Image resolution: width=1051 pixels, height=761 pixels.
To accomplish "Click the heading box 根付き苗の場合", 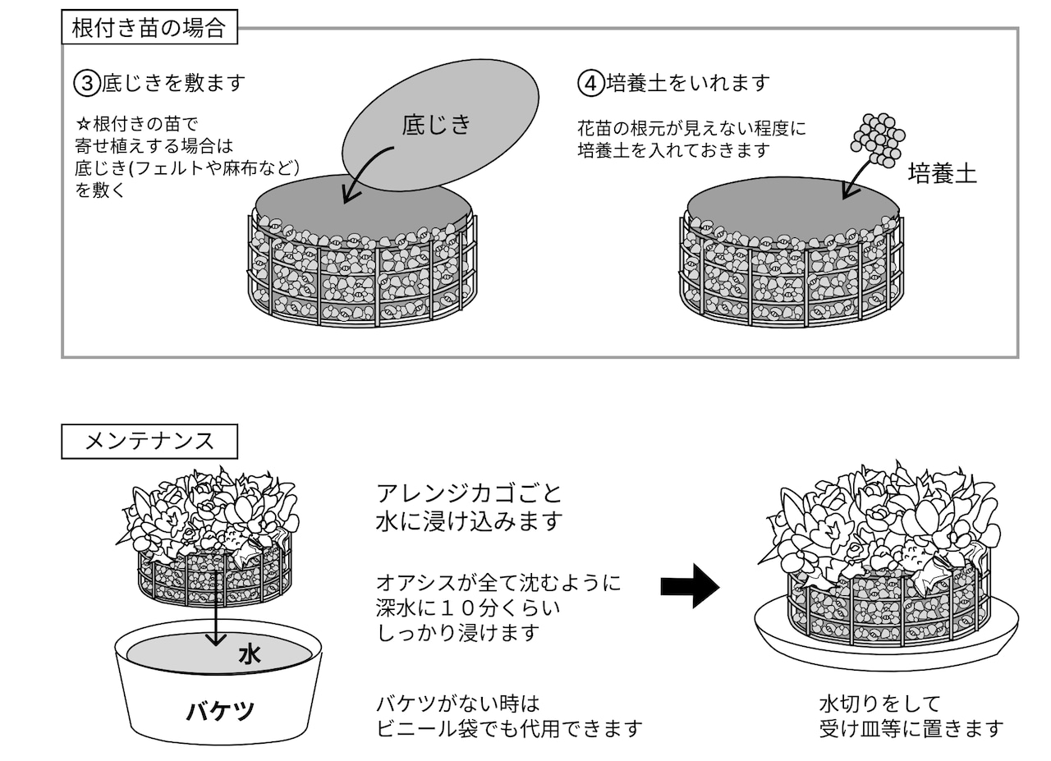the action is pos(149,27).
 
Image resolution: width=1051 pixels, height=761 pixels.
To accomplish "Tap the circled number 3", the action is pos(87,84).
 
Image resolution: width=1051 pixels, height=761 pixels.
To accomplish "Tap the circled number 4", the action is pos(590,84).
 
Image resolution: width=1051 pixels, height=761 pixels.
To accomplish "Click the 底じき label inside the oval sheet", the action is pos(436,124).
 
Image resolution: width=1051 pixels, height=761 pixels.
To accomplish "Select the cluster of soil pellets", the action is pos(878,140).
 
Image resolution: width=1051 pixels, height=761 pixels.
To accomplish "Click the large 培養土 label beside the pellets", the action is pos(942,173).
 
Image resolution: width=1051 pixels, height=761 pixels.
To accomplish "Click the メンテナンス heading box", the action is pos(149,442).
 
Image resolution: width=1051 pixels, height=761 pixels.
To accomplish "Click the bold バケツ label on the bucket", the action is pos(220,711).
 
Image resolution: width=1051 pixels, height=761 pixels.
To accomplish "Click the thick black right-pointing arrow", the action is pos(691,586).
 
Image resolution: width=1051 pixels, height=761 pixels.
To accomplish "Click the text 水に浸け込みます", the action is pos(469,520).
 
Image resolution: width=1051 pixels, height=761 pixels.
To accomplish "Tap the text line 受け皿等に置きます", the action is pos(911,729).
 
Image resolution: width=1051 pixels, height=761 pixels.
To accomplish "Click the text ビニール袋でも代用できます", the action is pos(510,729).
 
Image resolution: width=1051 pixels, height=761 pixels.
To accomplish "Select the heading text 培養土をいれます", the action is pos(688,84).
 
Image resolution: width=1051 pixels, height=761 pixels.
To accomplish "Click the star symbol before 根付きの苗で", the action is pos(83,124).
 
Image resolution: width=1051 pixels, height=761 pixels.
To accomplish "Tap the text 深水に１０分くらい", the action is pos(468,608).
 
